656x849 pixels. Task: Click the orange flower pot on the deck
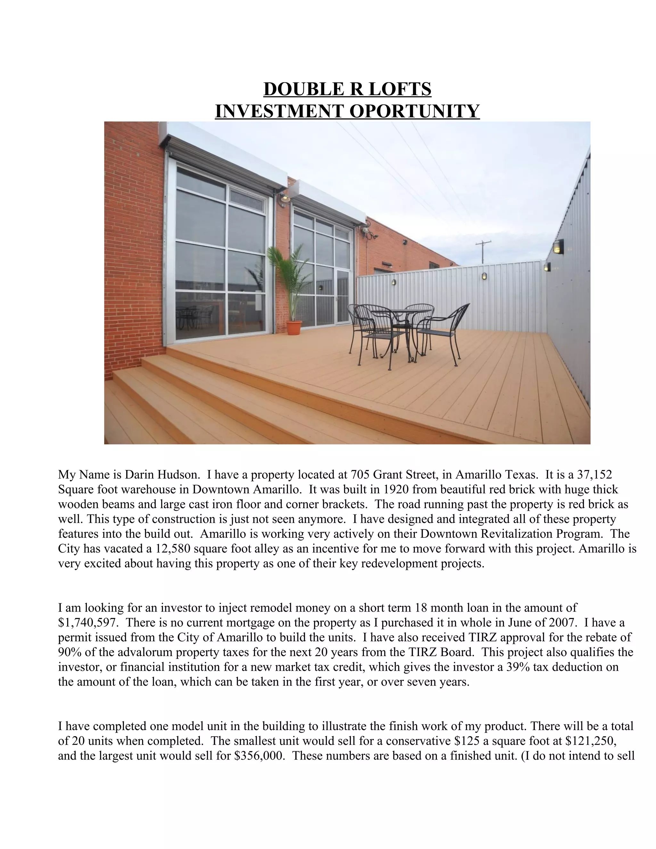(294, 327)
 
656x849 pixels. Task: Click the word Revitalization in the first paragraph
(508, 534)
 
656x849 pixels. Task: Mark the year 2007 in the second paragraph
(562, 623)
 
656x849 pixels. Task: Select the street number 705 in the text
(360, 475)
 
